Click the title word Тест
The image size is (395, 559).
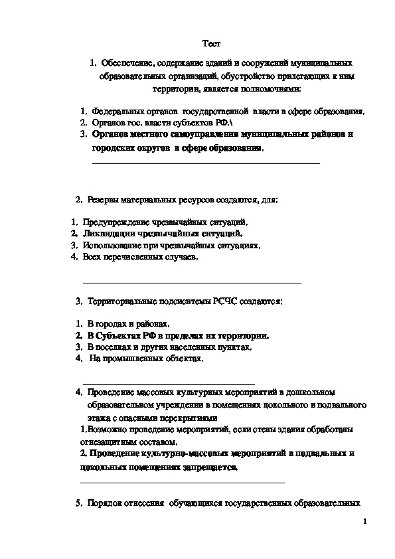pos(210,43)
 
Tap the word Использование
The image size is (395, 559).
pos(112,245)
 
